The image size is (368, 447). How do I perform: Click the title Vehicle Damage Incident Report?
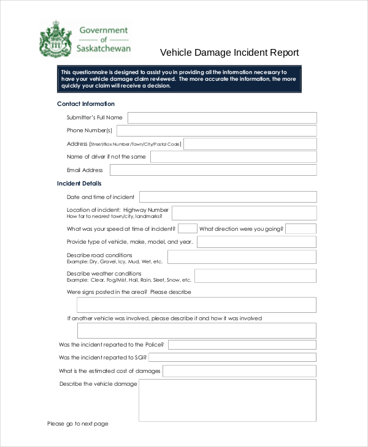(229, 53)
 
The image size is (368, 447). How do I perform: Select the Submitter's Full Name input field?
(222, 118)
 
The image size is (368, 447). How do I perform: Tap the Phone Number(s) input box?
(217, 130)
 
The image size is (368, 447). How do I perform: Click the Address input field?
(250, 144)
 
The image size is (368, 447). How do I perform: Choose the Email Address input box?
(213, 170)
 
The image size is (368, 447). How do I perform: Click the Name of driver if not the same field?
(233, 157)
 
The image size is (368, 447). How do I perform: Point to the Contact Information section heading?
(86, 104)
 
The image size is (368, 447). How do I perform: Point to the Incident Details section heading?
(79, 184)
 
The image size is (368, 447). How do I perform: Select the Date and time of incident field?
(228, 197)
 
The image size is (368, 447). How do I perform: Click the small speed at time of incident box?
(188, 228)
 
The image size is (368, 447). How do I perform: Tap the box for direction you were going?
(301, 228)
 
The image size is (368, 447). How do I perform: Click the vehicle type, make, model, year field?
(256, 242)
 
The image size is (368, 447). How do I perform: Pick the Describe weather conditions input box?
(255, 276)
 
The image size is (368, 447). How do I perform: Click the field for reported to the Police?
(242, 345)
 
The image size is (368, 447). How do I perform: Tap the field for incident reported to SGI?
(232, 357)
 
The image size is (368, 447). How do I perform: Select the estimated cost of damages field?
(239, 371)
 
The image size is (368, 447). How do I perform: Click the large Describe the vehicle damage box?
(228, 400)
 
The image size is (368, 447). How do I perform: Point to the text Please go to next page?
(78, 424)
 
